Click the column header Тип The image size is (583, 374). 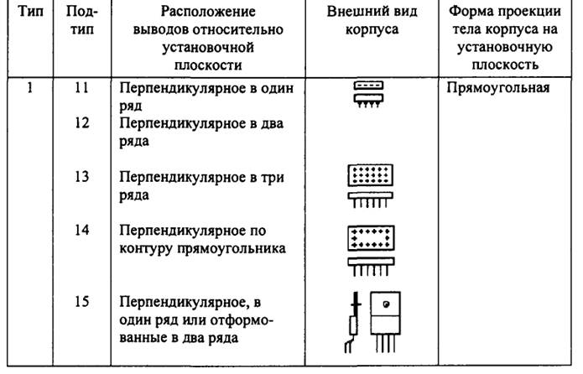click(29, 14)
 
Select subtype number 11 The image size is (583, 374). click(81, 87)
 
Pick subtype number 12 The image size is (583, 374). click(81, 122)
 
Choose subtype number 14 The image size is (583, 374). click(81, 229)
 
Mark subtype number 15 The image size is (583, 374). click(81, 300)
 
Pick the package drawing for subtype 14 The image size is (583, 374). click(366, 248)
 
